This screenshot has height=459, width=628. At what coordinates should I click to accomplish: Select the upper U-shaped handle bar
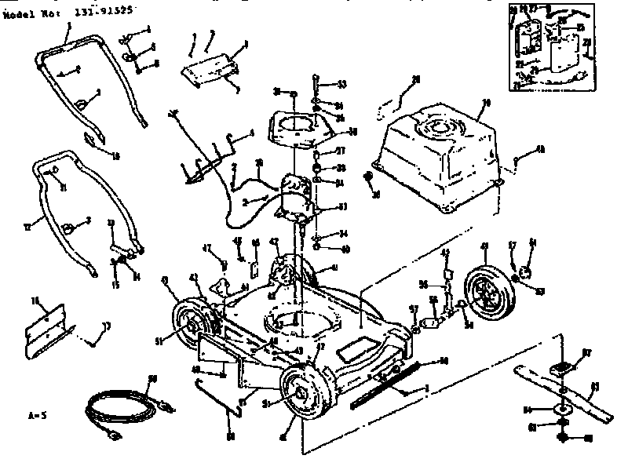[90, 75]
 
